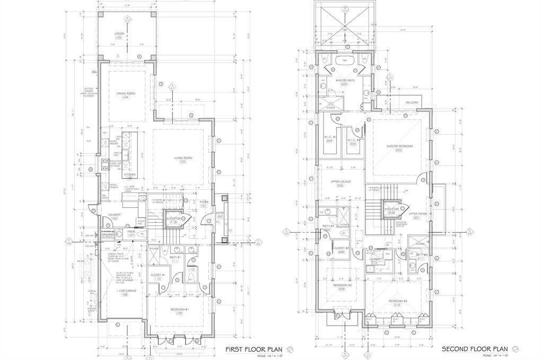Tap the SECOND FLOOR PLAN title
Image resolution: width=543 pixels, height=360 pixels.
coord(471,349)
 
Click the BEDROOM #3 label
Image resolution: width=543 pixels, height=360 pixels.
coord(398,303)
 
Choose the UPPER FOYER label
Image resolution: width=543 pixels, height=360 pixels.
coord(414,215)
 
